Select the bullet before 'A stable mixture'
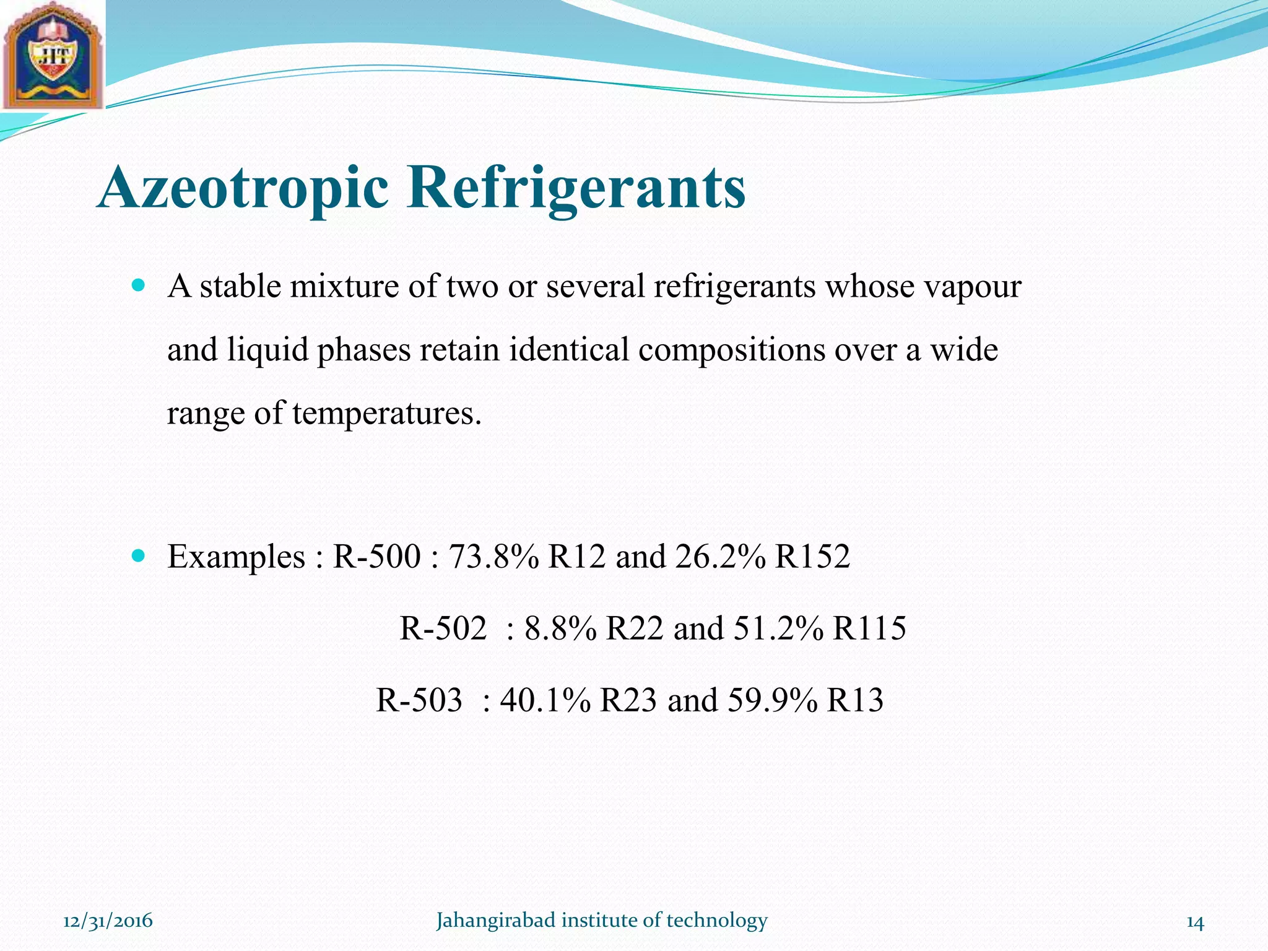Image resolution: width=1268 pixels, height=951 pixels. tap(139, 286)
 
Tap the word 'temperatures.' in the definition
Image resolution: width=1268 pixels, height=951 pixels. tap(386, 414)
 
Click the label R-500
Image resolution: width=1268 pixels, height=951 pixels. tap(376, 556)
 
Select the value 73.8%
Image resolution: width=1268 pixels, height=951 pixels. tap(493, 556)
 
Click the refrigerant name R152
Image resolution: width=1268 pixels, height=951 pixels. tap(812, 556)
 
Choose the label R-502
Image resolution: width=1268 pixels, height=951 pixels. tap(443, 628)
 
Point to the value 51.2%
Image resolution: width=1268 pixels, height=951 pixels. tap(779, 628)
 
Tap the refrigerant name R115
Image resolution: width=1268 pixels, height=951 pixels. tap(870, 628)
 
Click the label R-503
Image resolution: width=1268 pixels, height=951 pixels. tap(419, 700)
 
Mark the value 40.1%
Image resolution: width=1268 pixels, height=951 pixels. tap(545, 700)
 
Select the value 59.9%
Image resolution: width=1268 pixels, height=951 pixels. tap(772, 700)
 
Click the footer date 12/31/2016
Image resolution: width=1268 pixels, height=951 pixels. tap(108, 921)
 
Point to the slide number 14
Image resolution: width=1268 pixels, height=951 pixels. tap(1195, 923)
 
